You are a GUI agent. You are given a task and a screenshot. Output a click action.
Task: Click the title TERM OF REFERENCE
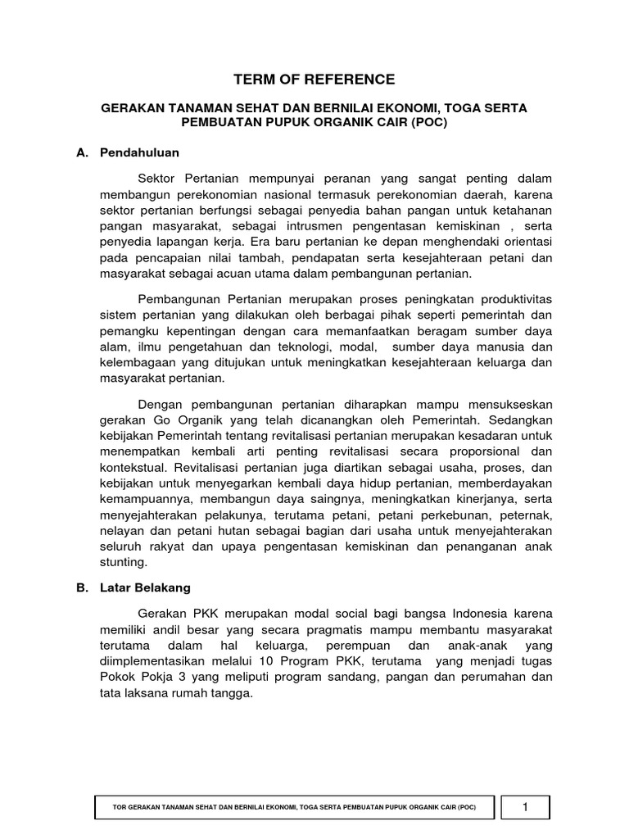pos(314,79)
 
